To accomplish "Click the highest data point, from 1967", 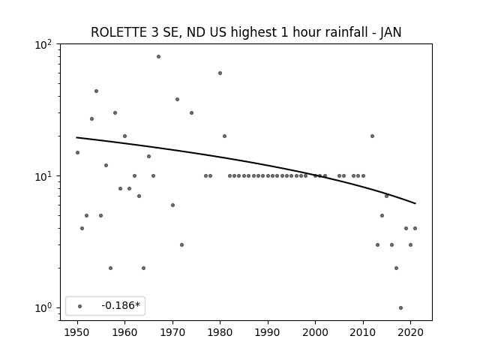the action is pyautogui.click(x=158, y=57).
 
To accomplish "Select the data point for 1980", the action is pyautogui.click(x=220, y=73).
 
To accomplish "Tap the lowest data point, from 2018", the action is pyautogui.click(x=401, y=308).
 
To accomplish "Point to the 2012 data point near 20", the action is pyautogui.click(x=372, y=136).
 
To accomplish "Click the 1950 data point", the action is pyautogui.click(x=77, y=153).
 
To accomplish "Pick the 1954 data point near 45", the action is pyautogui.click(x=97, y=91).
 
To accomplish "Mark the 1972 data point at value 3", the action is pyautogui.click(x=181, y=245).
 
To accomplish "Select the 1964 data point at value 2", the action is pyautogui.click(x=143, y=268).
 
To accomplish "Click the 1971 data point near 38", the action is pyautogui.click(x=177, y=100).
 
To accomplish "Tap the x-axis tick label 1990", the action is pyautogui.click(x=268, y=333).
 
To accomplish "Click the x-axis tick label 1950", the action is pyautogui.click(x=77, y=333).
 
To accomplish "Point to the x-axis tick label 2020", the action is pyautogui.click(x=410, y=333).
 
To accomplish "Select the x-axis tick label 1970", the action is pyautogui.click(x=172, y=333).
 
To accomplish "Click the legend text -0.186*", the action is pyautogui.click(x=121, y=305).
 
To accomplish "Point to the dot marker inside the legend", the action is pyautogui.click(x=80, y=307).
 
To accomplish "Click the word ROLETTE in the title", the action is pyautogui.click(x=118, y=32).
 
